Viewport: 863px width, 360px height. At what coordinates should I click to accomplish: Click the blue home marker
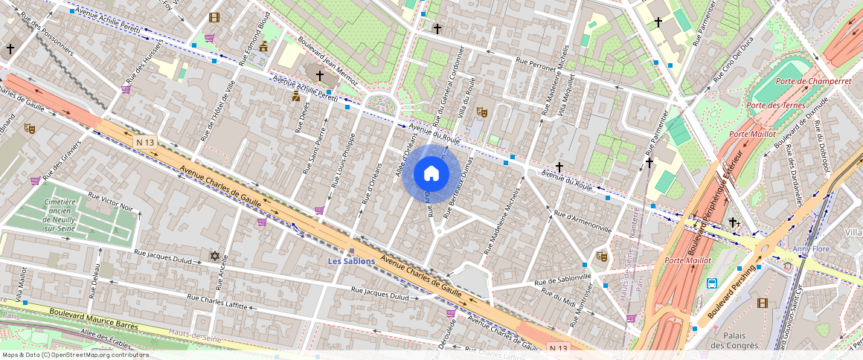(x=431, y=174)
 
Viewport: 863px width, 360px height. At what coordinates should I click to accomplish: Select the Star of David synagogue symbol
(x=215, y=256)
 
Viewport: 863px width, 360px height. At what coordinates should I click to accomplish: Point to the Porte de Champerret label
(x=802, y=81)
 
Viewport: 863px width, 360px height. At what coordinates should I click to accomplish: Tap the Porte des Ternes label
(x=778, y=106)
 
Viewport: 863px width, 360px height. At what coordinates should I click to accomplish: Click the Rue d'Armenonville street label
(x=583, y=219)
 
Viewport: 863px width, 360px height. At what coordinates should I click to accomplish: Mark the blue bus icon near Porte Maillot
(x=712, y=283)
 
